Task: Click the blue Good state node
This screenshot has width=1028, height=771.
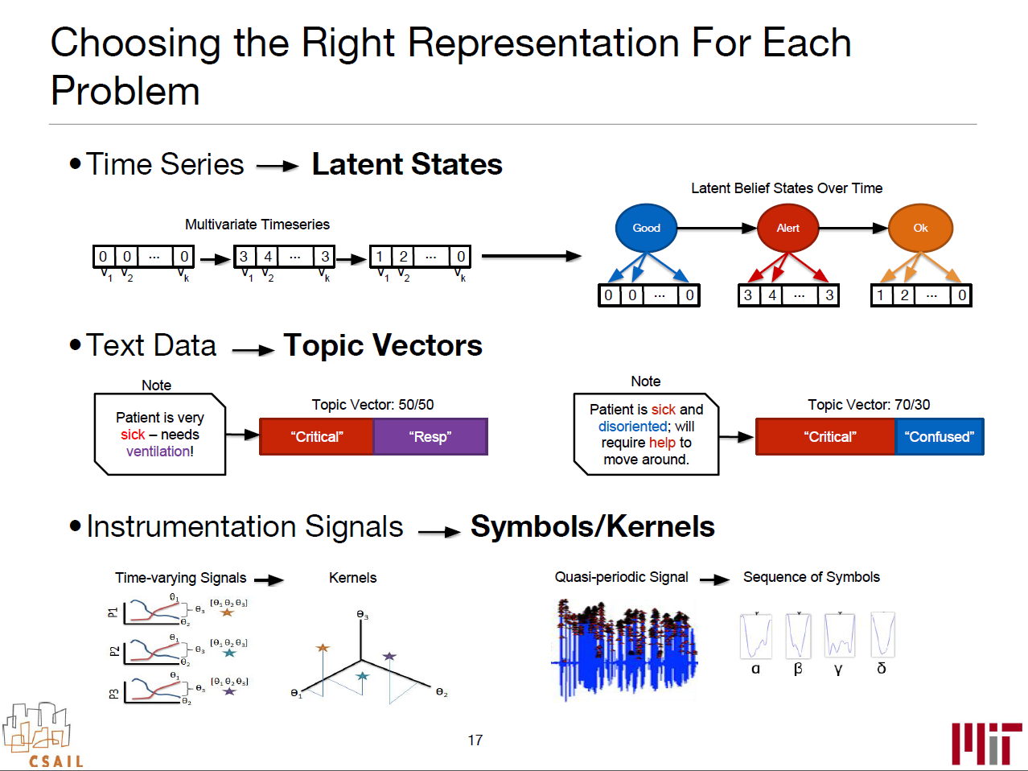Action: (x=646, y=228)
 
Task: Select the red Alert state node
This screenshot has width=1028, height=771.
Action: (x=787, y=228)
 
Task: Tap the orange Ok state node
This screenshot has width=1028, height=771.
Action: (x=920, y=228)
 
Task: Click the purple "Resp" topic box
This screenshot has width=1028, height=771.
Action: (x=430, y=437)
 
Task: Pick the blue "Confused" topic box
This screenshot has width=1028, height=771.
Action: (x=939, y=437)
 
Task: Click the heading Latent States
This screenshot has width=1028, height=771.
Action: (x=407, y=164)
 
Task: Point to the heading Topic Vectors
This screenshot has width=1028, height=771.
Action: (x=383, y=345)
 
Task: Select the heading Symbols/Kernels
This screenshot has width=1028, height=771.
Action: (x=592, y=526)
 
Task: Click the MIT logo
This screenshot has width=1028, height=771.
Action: (x=986, y=743)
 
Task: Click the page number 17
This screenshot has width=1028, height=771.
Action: (x=475, y=740)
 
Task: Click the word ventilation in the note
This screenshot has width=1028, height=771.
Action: (x=158, y=451)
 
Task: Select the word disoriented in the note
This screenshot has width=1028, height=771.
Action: (x=633, y=427)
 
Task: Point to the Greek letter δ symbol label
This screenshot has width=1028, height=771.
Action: (x=882, y=669)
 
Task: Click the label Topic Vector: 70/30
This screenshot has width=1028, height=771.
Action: (x=869, y=405)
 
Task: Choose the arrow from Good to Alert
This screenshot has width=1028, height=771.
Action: (x=717, y=228)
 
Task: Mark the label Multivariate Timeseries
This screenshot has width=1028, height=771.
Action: (x=257, y=225)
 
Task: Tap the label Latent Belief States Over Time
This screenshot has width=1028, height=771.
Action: (x=787, y=188)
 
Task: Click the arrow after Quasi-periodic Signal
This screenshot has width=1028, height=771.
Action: (x=714, y=579)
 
